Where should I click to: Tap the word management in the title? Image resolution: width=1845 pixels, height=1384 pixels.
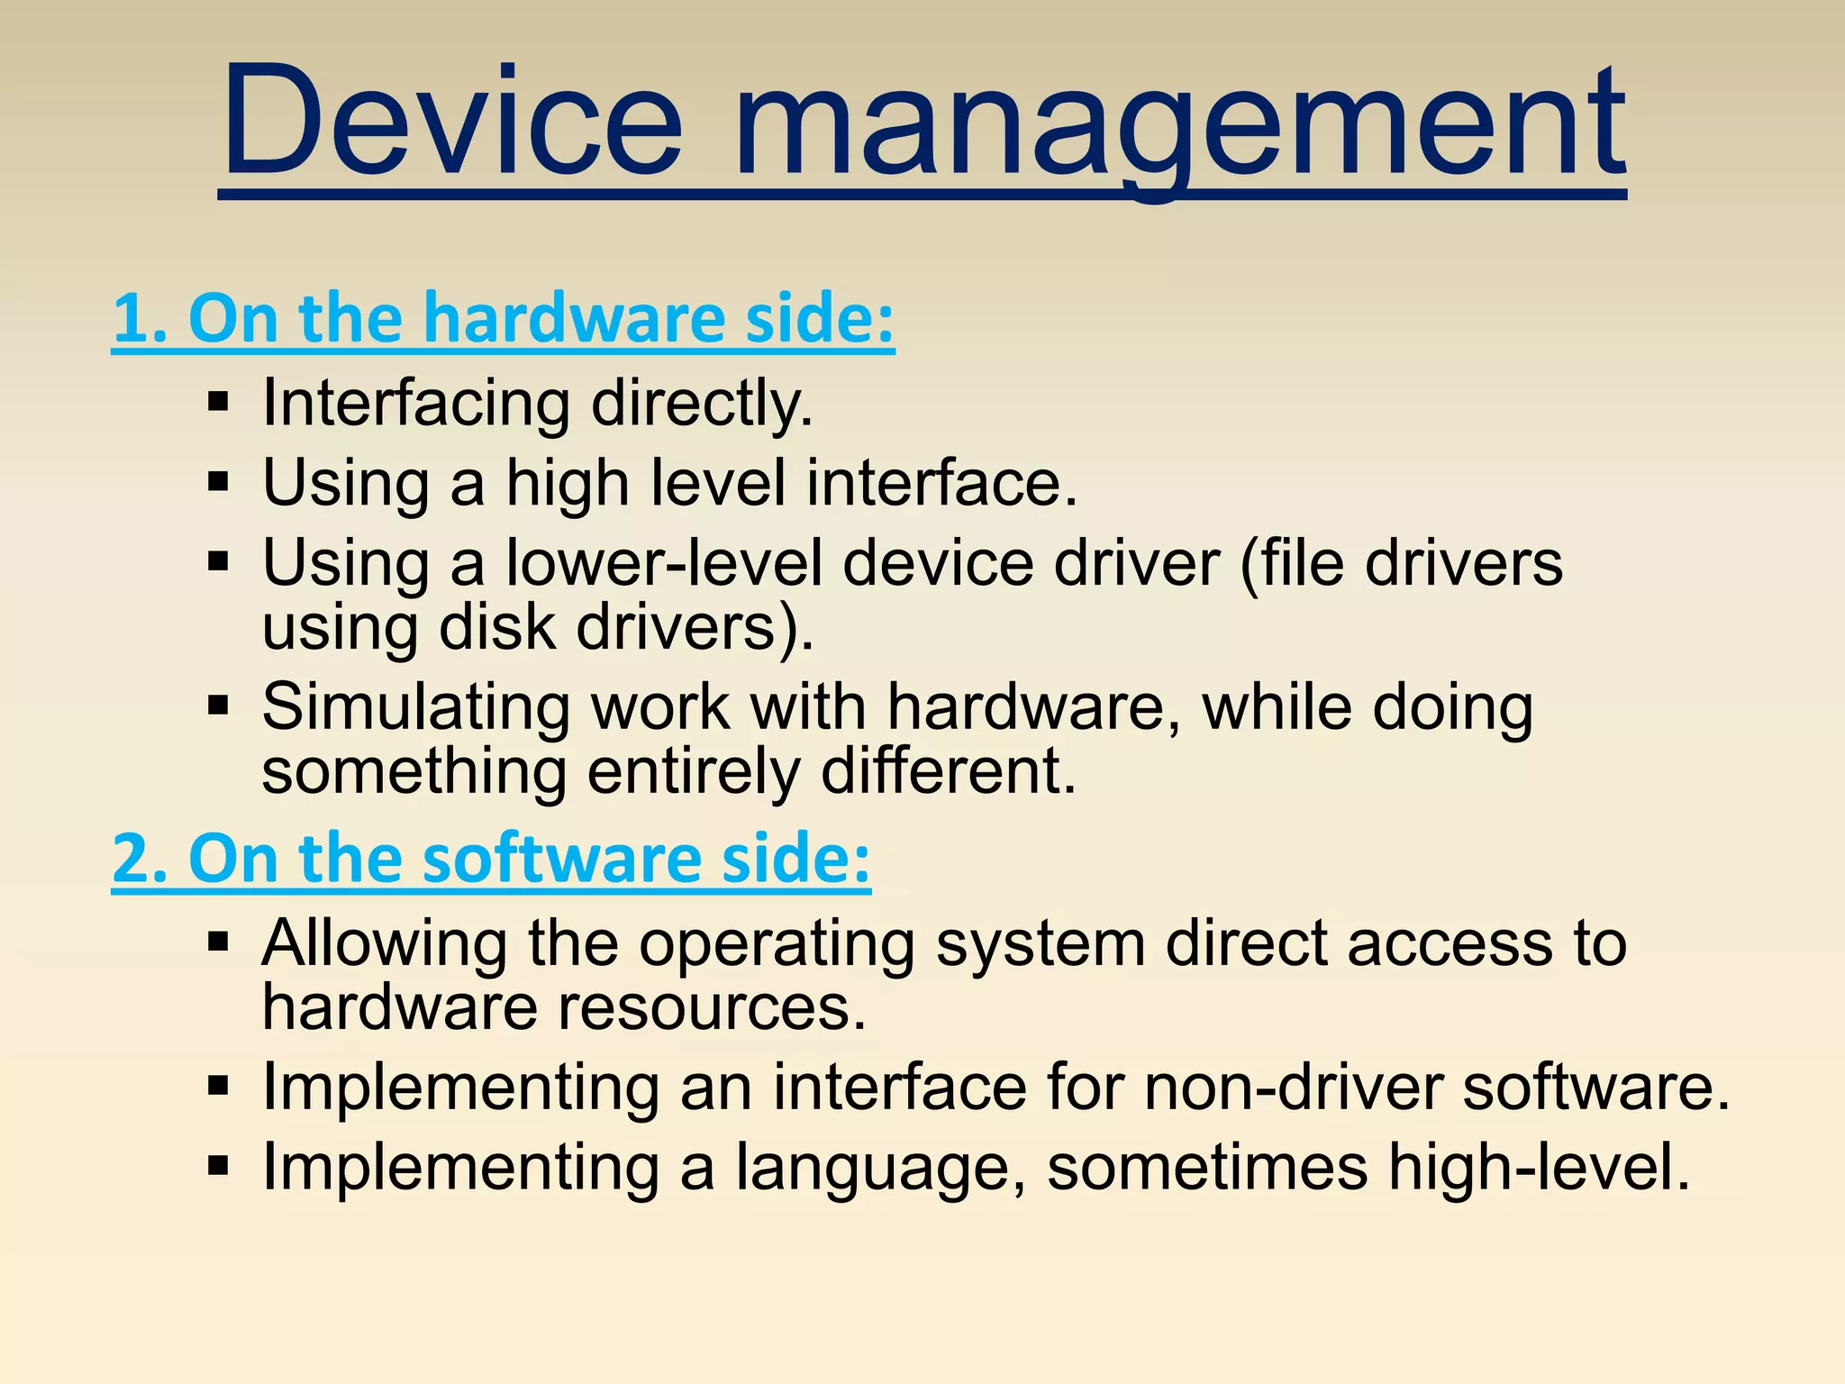point(1179,126)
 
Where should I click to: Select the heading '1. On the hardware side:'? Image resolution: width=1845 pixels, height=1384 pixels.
point(504,319)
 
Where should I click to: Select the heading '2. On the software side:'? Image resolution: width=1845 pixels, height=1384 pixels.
point(491,858)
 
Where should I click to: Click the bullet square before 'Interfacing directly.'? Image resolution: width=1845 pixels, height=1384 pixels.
point(218,402)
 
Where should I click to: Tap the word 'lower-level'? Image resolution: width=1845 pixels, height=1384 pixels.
point(665,563)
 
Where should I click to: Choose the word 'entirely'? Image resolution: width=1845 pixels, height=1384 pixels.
point(693,771)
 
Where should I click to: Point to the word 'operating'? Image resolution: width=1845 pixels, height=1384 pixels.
point(777,945)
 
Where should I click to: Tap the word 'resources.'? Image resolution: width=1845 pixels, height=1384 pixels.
point(712,1006)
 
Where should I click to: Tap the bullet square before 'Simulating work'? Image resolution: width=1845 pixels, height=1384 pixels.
point(218,705)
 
